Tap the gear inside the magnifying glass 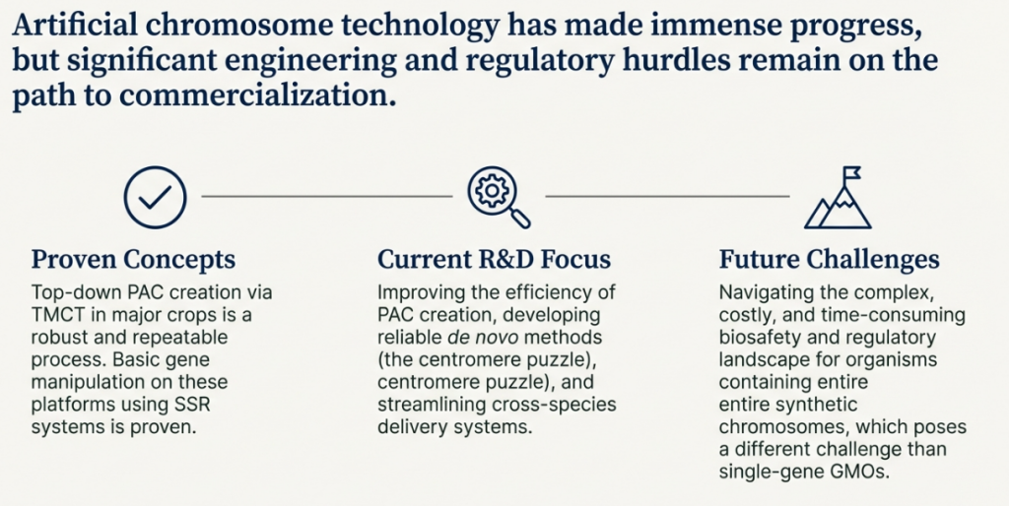click(492, 189)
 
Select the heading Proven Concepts click(134, 260)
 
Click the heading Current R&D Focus click(495, 260)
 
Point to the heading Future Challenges click(830, 260)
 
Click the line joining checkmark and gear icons click(327, 196)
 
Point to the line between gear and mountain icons click(667, 196)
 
